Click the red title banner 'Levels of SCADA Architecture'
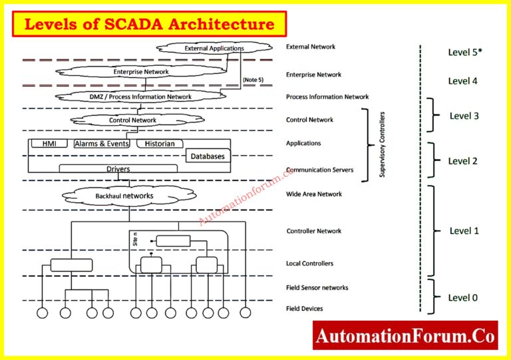point(150,25)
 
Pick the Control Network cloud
point(132,120)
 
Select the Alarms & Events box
point(101,144)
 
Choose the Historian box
point(159,144)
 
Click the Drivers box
point(118,169)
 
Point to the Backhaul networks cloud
point(124,196)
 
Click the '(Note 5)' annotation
point(253,80)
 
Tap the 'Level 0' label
point(462,297)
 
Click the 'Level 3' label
point(464,116)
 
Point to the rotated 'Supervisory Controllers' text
point(382,144)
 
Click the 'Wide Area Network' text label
point(314,194)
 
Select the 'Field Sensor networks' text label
point(317,287)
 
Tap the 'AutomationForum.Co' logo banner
point(405,336)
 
